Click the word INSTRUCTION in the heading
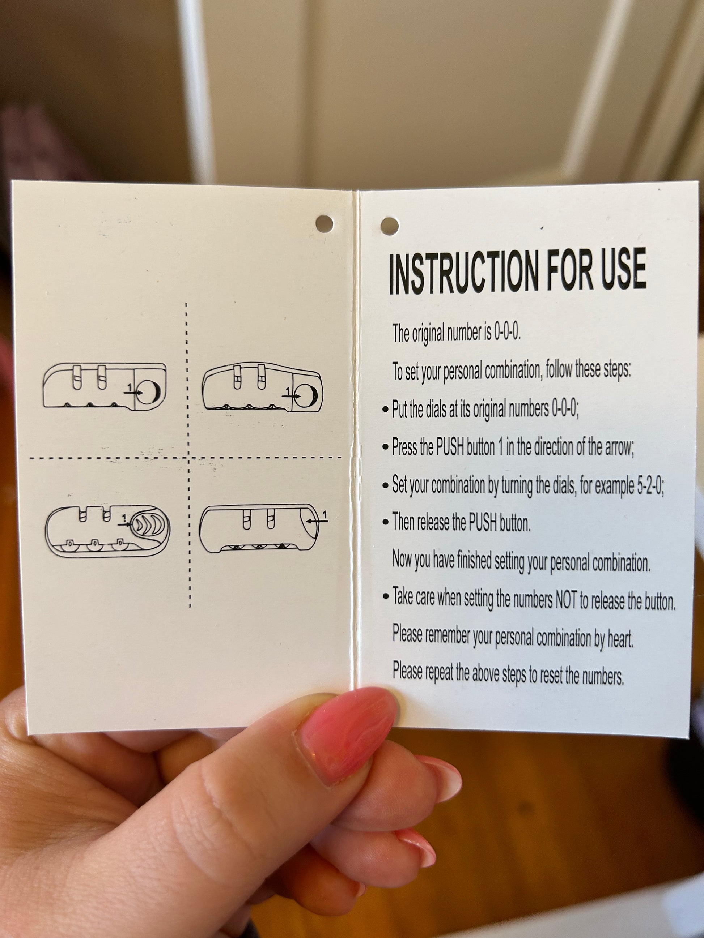point(464,272)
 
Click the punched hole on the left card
point(325,223)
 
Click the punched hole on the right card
point(390,226)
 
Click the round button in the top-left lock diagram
point(149,391)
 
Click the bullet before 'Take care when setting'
point(386,596)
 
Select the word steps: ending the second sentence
point(618,370)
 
